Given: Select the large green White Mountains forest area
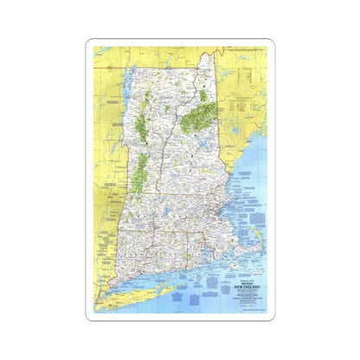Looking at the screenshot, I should coord(200,115).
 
